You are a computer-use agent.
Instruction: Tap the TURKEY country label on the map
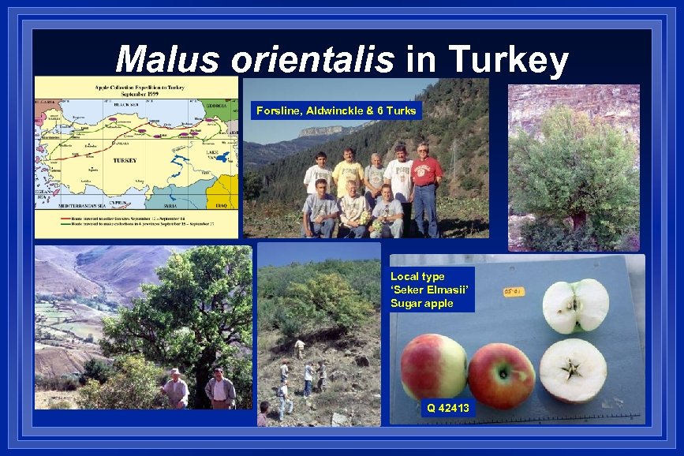click(125, 160)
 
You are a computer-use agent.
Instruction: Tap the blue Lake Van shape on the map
click(222, 157)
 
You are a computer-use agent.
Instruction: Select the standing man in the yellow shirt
click(348, 172)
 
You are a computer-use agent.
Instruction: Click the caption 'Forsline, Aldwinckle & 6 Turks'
click(335, 110)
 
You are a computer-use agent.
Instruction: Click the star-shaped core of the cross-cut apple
click(573, 369)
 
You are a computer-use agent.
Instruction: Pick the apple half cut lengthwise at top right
click(575, 305)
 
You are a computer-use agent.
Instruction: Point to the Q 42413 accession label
click(447, 408)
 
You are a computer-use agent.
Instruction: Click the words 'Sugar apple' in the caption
click(422, 304)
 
